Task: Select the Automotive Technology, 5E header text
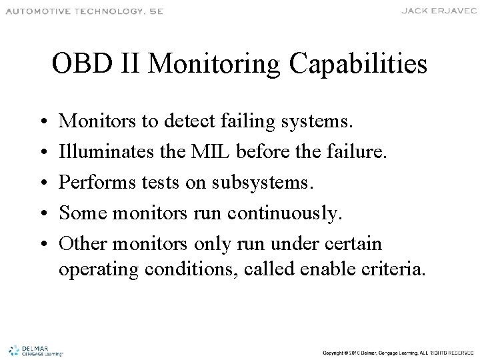click(83, 11)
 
